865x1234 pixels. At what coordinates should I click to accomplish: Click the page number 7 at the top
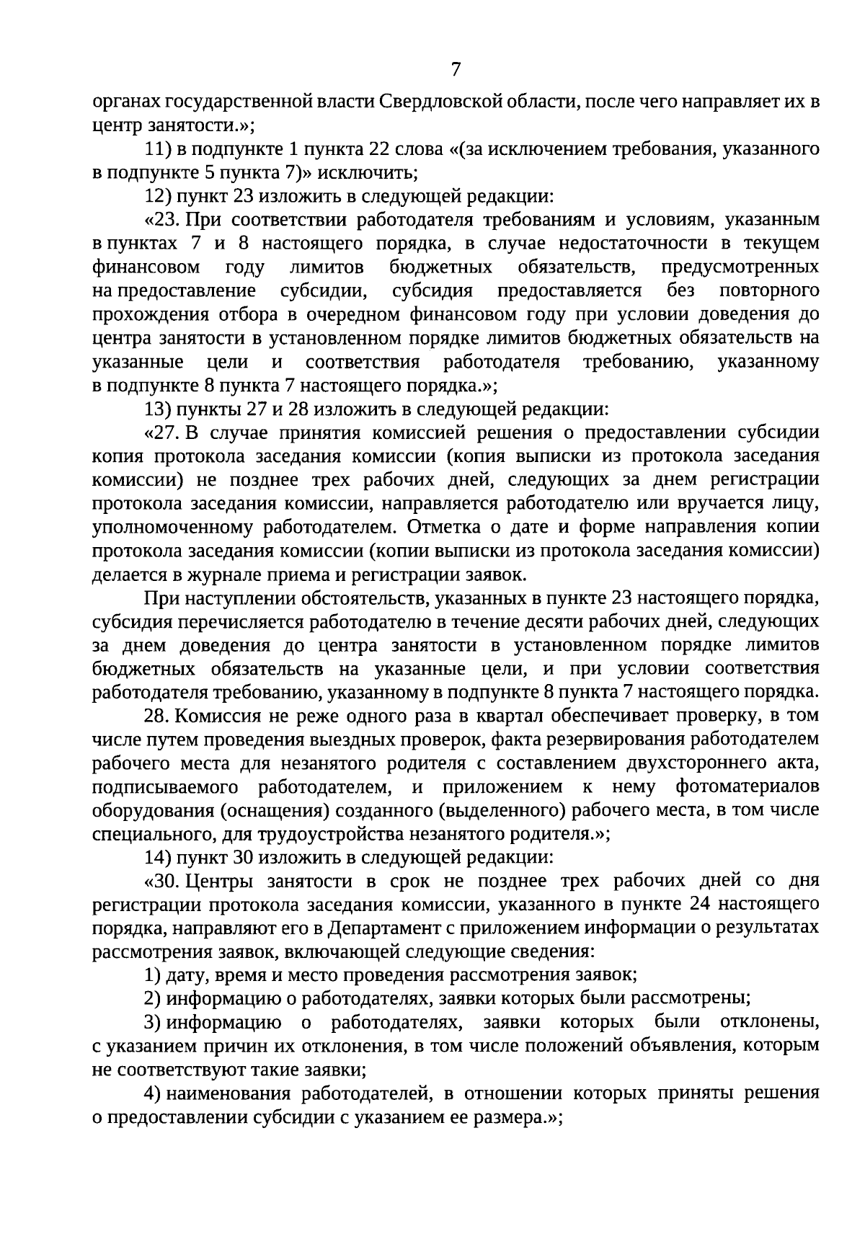pyautogui.click(x=455, y=70)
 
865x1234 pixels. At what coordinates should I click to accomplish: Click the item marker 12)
pyautogui.click(x=156, y=196)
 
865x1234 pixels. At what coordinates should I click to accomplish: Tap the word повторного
pyautogui.click(x=769, y=291)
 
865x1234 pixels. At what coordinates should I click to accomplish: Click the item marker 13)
pyautogui.click(x=156, y=409)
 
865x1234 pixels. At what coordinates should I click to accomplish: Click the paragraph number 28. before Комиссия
pyautogui.click(x=156, y=716)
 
